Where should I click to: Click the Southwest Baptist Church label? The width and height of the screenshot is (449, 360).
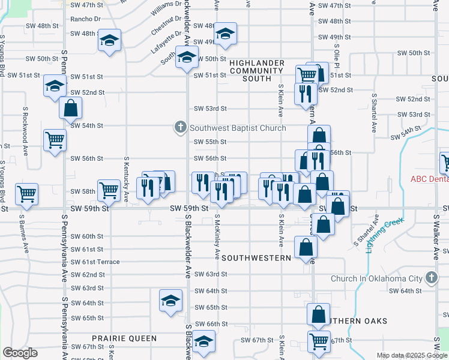238,128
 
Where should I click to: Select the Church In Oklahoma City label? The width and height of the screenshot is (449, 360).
377,278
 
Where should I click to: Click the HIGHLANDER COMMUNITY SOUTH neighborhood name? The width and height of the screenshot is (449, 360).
256,70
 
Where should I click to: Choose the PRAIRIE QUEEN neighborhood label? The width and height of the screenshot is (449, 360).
124,338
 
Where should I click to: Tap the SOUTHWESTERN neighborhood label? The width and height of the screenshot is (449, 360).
256,257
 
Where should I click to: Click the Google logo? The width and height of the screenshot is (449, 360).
20,352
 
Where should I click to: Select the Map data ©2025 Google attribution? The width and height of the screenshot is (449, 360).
411,355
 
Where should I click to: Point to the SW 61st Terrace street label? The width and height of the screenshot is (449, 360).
95,262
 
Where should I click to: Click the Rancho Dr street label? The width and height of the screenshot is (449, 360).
84,19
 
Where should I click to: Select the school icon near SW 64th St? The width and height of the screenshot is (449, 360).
170,299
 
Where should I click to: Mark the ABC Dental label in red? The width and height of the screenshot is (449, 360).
429,179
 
